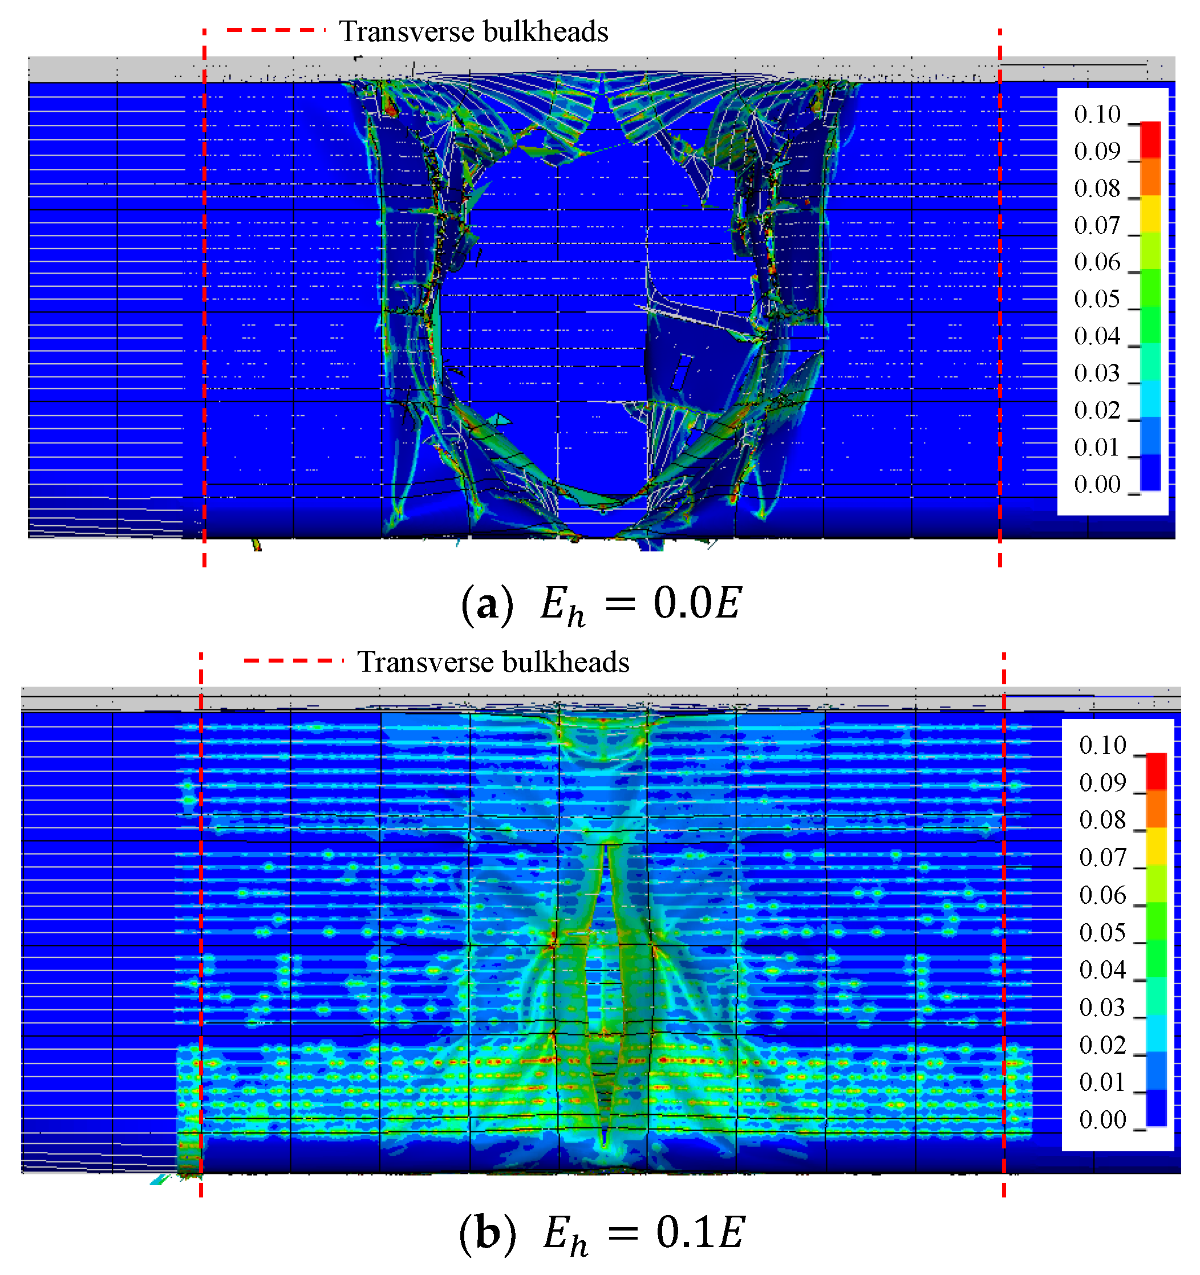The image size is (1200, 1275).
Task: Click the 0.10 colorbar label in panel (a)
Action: (1097, 115)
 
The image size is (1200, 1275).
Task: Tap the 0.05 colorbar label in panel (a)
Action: (1097, 299)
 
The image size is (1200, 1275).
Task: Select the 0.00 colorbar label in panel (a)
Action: (1097, 485)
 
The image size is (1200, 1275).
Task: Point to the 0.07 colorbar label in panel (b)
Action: (1102, 858)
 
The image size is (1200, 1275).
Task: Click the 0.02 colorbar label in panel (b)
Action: (1102, 1045)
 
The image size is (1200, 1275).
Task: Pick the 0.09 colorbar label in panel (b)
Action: (1102, 783)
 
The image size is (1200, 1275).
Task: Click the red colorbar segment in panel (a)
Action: (1150, 139)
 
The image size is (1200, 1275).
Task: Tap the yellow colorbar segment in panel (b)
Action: (1156, 847)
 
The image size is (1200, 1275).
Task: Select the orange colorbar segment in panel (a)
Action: (1150, 176)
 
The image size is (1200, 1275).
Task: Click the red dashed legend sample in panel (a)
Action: (276, 30)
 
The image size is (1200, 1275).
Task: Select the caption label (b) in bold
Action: (488, 1233)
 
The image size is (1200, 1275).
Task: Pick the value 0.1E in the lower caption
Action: (700, 1232)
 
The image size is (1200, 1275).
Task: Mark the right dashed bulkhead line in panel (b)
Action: (1003, 930)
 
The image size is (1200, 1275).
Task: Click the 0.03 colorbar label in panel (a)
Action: (1097, 374)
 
